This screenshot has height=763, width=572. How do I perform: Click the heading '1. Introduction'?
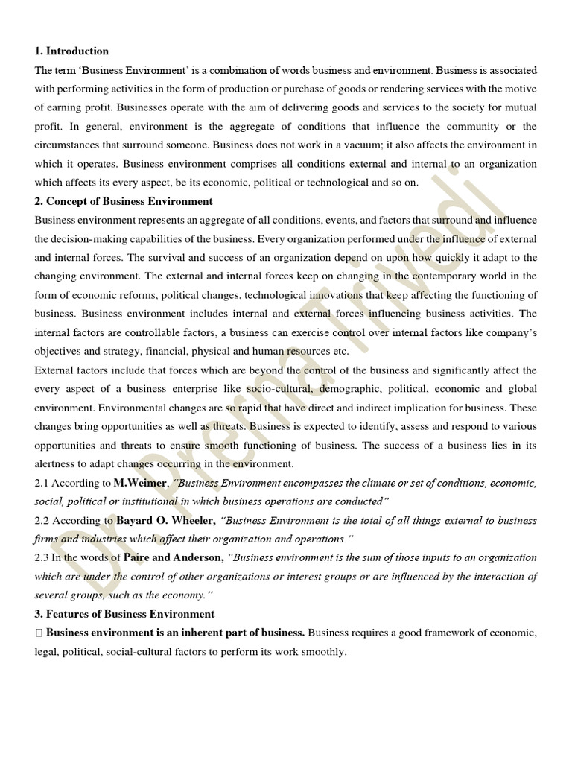tap(71, 51)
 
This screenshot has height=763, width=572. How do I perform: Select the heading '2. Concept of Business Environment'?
tap(124, 201)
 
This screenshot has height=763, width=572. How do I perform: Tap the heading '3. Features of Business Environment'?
tap(124, 614)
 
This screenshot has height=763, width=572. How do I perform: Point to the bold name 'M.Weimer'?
tap(139, 483)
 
